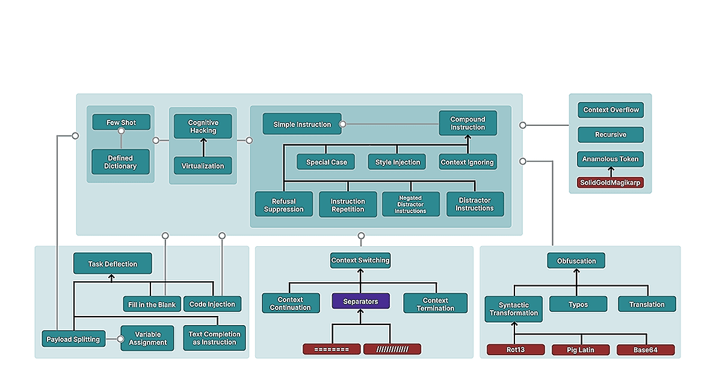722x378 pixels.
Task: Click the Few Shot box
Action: (121, 122)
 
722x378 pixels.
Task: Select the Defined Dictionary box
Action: (120, 162)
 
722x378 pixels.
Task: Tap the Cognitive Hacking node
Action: (203, 126)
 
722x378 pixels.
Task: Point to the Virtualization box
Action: (203, 166)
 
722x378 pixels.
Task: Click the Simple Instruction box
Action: (302, 124)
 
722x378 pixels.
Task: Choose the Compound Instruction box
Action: (467, 123)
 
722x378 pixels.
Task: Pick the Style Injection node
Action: (397, 162)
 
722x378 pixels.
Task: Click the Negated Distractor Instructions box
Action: (410, 205)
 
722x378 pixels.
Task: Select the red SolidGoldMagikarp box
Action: (610, 182)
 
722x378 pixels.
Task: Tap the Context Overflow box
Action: (611, 110)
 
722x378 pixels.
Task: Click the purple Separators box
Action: (360, 301)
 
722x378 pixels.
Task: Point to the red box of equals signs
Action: (332, 349)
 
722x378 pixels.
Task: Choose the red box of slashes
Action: (392, 349)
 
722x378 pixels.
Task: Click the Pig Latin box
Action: (581, 350)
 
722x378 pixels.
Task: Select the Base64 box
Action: (646, 350)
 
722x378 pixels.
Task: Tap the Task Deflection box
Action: (113, 264)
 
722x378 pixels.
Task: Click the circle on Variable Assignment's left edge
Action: (120, 339)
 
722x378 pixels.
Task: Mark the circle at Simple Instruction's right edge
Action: (343, 124)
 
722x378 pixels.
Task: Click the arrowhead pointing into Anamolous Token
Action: (611, 169)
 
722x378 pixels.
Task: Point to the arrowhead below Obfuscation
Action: (576, 271)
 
